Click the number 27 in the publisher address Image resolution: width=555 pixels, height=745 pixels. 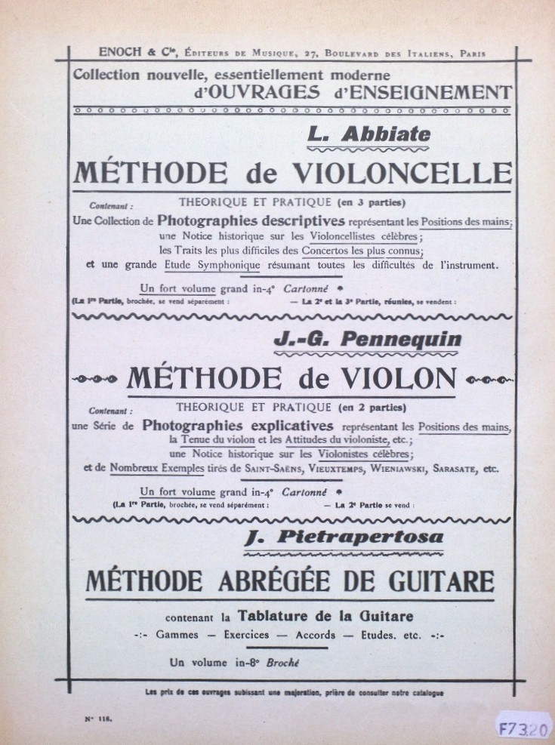pos(307,53)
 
